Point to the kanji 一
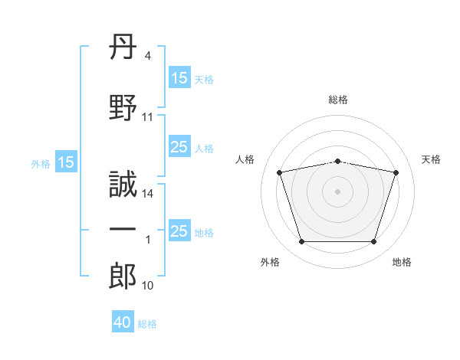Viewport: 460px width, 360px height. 123,230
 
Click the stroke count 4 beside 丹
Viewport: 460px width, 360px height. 148,56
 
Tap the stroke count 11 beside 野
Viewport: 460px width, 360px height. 148,117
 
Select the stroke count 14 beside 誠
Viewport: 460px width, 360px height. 148,194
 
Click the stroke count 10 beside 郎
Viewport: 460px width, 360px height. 148,286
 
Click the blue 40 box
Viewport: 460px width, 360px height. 123,322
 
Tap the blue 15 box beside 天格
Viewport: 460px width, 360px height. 179,78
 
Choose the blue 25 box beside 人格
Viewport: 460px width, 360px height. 179,147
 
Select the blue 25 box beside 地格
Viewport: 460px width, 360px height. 179,231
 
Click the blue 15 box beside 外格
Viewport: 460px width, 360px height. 66,162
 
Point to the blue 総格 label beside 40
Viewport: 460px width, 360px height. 147,324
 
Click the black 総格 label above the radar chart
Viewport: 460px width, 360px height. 338,100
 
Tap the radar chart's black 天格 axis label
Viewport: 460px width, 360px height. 432,159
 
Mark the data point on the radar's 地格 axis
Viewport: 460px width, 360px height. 374,242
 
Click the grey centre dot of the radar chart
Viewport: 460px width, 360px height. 338,191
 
